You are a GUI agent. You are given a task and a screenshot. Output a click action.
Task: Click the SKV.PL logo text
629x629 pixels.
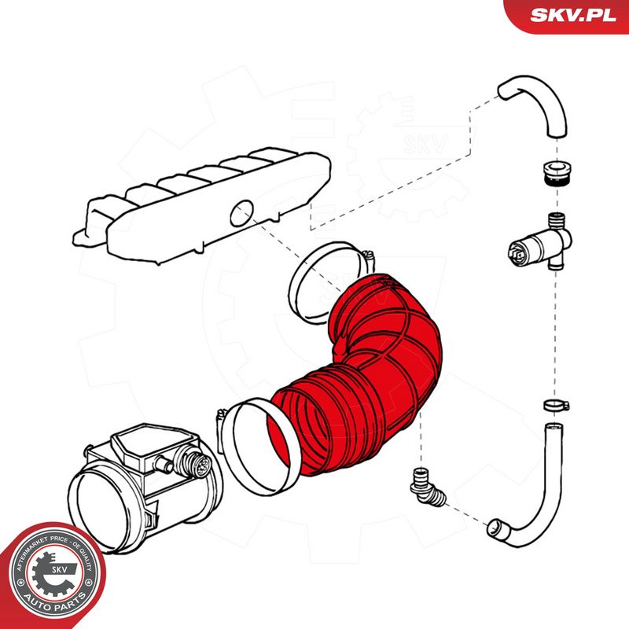(573, 15)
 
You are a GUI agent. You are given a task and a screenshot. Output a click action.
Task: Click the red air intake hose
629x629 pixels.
(361, 377)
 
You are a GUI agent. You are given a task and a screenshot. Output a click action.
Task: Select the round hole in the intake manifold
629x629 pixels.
(242, 212)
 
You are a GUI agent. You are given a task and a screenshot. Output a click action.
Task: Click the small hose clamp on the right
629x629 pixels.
(556, 405)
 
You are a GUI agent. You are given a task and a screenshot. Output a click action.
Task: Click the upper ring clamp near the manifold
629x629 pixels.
(329, 282)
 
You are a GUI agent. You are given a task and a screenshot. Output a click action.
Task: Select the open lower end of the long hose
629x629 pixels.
(497, 528)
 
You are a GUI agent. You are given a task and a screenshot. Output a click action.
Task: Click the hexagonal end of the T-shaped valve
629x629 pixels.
(517, 252)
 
